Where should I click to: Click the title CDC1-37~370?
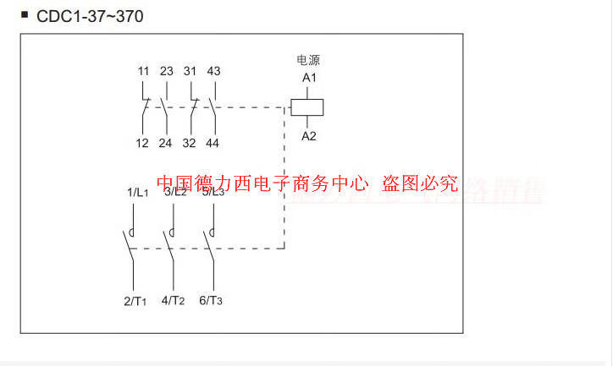point(84,15)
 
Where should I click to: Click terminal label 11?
point(142,71)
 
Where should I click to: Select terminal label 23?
point(165,71)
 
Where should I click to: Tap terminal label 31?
point(190,71)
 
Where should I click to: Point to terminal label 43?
point(213,71)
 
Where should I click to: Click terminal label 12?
point(142,143)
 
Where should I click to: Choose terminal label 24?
point(165,143)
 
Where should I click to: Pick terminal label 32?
point(190,143)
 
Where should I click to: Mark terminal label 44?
point(213,143)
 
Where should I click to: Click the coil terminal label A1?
point(309,78)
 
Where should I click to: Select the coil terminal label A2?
point(309,135)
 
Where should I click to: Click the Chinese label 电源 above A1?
point(308,60)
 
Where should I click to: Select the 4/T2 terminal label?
point(173,300)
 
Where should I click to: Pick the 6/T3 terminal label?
point(211,300)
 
